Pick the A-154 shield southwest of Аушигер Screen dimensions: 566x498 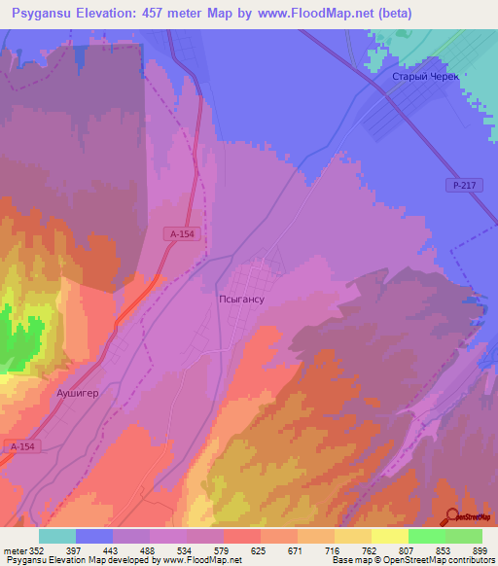[23, 446]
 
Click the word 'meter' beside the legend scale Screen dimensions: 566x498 [14, 550]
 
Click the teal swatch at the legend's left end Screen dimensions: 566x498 [56, 536]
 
